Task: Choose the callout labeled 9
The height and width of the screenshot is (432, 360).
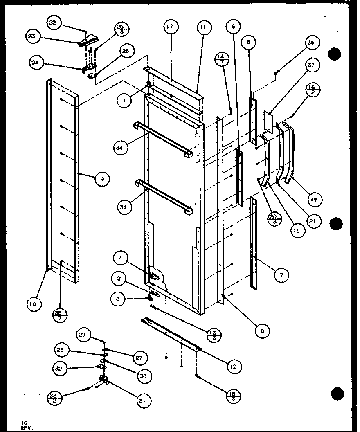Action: click(x=102, y=179)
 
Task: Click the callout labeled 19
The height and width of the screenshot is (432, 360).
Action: click(x=315, y=199)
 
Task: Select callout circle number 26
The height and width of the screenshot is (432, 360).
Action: click(x=125, y=51)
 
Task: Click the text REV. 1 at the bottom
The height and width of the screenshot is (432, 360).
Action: click(x=28, y=427)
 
